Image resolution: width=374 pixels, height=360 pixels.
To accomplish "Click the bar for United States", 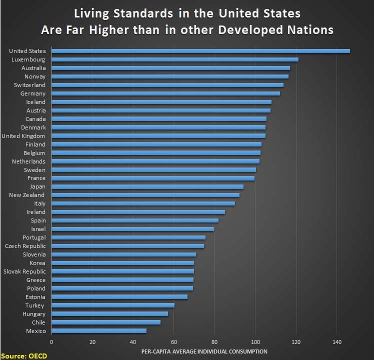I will coord(200,51).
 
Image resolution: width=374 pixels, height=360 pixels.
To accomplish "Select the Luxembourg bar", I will coord(174,59).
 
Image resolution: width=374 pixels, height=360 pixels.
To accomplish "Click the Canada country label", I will coord(35,119).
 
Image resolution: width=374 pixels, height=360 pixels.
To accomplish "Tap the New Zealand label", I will coord(27,195).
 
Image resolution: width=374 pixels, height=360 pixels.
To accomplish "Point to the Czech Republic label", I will coord(25,246).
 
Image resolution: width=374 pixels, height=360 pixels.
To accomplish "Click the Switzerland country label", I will coord(30,85).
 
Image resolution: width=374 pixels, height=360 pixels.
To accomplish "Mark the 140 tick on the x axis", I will coord(336,342).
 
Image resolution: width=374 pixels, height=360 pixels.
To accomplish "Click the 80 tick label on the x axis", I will coord(214,342).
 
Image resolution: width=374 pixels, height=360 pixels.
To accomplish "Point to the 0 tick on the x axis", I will coord(51,342).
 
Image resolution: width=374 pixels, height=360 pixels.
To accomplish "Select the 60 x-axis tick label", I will coord(174,342).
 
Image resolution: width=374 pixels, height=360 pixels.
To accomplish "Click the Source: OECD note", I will coord(21,355).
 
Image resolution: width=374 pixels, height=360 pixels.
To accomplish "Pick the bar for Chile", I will coord(105,322).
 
